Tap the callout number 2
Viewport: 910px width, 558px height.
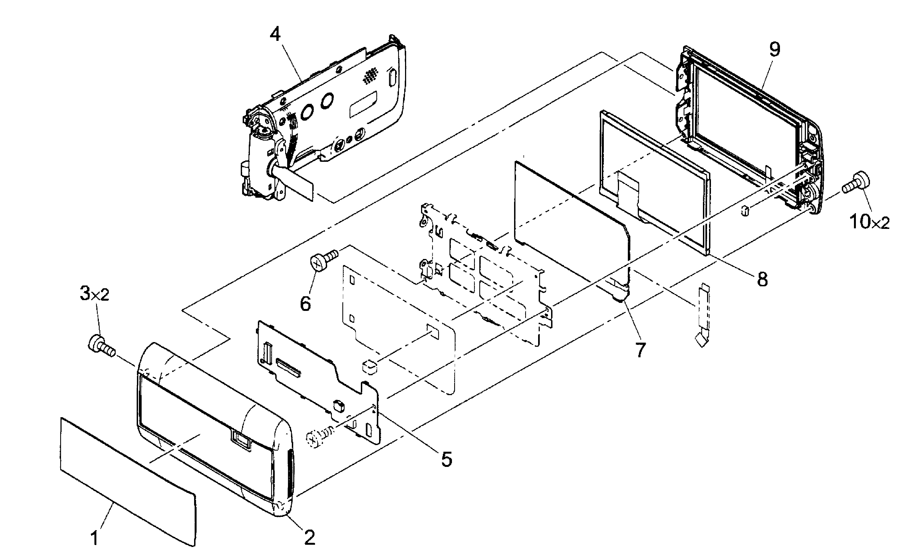tap(309, 537)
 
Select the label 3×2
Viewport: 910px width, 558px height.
tap(94, 295)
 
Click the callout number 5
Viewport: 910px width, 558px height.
tap(446, 459)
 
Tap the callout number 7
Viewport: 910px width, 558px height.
tap(640, 350)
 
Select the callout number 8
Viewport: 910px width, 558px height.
tap(762, 280)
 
